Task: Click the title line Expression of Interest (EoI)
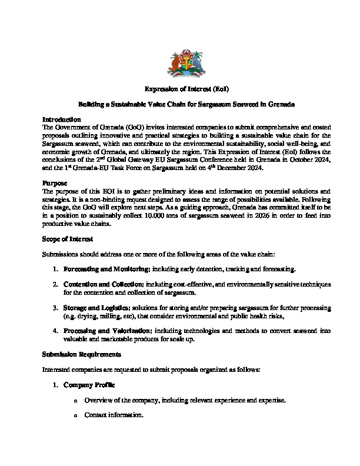pyautogui.click(x=179, y=89)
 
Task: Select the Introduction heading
pyautogui.click(x=62, y=119)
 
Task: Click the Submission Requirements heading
pyautogui.click(x=82, y=354)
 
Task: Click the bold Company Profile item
pyautogui.click(x=89, y=385)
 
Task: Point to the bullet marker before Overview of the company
pyautogui.click(x=76, y=401)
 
